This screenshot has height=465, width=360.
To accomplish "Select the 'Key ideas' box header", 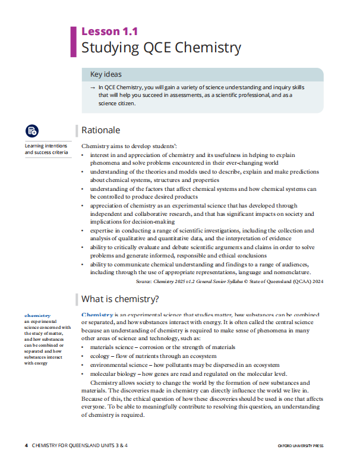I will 106,74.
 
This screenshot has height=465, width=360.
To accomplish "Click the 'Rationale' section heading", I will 100,130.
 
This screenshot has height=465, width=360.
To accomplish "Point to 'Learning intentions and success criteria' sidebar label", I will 46,149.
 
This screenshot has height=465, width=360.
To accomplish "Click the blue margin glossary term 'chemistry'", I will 37,315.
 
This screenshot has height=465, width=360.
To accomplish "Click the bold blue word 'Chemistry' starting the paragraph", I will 96,314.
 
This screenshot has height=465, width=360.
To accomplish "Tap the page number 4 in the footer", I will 26,445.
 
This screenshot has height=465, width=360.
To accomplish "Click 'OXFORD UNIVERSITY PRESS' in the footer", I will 310,445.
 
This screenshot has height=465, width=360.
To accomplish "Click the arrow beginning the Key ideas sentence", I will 93,87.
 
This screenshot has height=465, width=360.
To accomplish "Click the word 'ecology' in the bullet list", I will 101,356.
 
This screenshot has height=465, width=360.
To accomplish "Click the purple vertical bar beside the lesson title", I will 74,40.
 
